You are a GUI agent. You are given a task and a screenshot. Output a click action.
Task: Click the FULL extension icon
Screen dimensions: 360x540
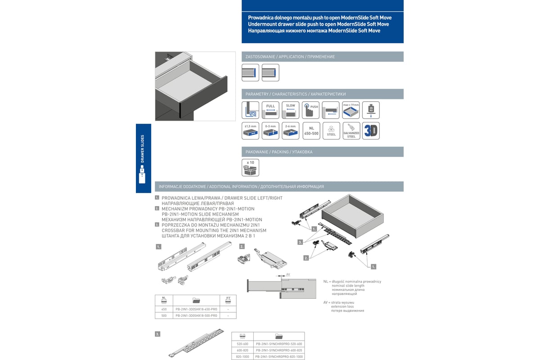(270, 110)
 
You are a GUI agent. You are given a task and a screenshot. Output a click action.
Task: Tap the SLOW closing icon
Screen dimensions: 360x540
(291, 110)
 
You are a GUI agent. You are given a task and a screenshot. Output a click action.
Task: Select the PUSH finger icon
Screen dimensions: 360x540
(310, 110)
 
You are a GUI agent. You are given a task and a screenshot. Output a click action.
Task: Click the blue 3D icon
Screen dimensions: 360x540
(371, 131)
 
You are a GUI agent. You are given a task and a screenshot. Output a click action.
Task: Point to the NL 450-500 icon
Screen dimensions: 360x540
(311, 131)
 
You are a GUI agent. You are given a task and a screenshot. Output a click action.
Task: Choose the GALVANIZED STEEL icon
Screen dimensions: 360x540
(351, 131)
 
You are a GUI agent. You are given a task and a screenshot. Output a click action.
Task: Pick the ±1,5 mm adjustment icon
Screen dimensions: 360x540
(250, 131)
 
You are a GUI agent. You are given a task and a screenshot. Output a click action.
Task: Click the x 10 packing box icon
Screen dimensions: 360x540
(250, 167)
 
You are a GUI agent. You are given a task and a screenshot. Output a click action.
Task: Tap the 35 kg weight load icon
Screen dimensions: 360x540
(371, 110)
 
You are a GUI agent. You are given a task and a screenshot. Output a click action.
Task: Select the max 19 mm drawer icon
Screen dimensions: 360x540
(351, 110)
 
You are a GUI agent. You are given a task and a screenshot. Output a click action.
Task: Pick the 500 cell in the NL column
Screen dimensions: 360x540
(164, 316)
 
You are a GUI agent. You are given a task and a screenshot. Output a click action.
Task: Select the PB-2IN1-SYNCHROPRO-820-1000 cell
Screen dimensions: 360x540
(279, 357)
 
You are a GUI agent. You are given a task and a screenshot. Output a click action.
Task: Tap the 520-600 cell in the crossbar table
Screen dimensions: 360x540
(243, 344)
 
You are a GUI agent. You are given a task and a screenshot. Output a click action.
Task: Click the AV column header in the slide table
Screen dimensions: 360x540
(228, 300)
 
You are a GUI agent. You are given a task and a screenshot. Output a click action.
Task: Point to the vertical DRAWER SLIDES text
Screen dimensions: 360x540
(143, 148)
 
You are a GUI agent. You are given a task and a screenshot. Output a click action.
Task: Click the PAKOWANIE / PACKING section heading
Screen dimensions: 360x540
(279, 152)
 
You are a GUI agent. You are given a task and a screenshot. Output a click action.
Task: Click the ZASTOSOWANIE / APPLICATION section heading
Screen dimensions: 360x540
(290, 57)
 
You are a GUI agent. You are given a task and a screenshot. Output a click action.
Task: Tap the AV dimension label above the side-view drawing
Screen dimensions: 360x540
(288, 274)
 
